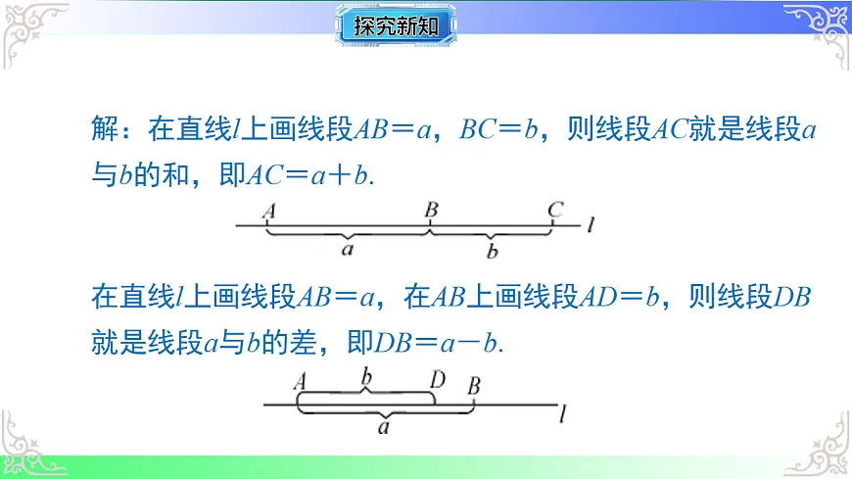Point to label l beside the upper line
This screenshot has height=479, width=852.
click(592, 226)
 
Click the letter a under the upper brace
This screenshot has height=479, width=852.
click(348, 251)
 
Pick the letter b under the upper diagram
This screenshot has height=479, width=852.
click(492, 251)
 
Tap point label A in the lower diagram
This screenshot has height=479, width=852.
click(300, 380)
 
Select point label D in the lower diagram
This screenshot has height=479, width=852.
click(438, 379)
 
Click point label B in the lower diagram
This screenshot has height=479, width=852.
click(474, 384)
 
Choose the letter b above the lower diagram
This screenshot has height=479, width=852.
click(366, 376)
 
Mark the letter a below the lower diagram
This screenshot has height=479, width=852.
click(385, 427)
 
